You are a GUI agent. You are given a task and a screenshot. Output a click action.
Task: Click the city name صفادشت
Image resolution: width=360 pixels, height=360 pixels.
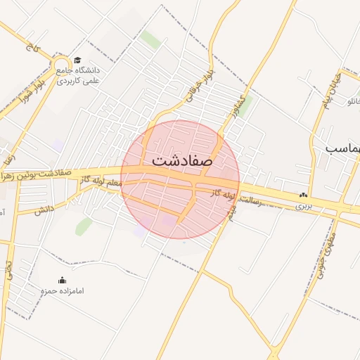coord(181,160)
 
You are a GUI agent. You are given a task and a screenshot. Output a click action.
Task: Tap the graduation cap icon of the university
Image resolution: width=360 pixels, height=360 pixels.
coord(77,60)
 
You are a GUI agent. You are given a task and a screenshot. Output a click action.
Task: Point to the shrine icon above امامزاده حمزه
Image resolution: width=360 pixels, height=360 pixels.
coord(62,280)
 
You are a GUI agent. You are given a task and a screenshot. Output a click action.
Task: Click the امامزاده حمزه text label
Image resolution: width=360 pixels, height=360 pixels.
coord(62,290)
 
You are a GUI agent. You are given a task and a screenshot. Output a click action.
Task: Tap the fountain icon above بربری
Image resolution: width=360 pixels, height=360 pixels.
coord(303,195)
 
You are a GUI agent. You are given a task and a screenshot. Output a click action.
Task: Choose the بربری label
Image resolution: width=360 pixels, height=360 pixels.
coord(303,207)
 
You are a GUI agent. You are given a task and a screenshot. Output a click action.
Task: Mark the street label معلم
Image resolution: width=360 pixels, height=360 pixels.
coord(112,182)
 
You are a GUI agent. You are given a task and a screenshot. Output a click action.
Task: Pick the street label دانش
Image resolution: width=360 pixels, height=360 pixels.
coord(44,209)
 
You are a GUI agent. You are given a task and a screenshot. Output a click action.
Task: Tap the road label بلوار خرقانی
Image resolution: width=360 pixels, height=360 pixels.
coord(199,84)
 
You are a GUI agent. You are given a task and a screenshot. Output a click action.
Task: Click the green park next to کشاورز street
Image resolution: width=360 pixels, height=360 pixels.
coord(245,105)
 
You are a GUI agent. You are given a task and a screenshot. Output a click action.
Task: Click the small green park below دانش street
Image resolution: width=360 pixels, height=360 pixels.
coord(84,226)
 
